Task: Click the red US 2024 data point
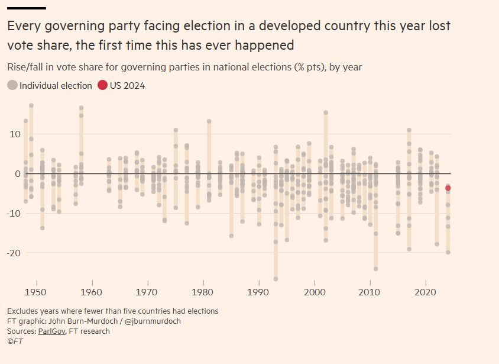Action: (448, 188)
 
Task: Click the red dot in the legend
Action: (103, 85)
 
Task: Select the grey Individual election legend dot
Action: (12, 85)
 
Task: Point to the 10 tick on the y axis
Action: (14, 134)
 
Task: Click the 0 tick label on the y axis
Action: (17, 173)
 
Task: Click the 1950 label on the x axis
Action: (36, 292)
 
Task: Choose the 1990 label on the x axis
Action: (258, 292)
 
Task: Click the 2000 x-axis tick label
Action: (314, 292)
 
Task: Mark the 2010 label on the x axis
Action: (370, 292)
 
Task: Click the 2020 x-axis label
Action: (425, 292)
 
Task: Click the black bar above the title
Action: (27, 8)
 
